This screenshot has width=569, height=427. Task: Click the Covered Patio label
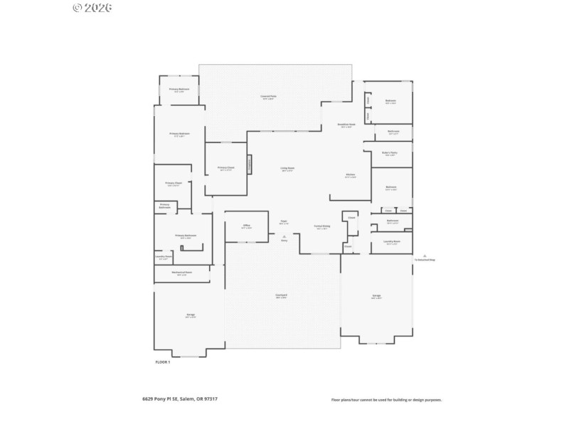268,96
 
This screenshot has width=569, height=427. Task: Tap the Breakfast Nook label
346,125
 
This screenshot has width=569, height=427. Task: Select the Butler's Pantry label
389,153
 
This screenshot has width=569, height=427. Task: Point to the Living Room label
287,169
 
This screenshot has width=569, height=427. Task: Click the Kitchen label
351,176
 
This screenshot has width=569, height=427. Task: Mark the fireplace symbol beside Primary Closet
249,164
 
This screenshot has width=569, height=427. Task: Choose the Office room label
247,226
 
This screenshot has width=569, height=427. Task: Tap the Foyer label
283,222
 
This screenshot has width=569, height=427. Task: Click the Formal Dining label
321,227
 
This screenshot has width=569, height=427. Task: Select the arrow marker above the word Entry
284,236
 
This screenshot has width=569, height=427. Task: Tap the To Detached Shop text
425,260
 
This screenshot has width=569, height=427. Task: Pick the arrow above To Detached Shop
425,255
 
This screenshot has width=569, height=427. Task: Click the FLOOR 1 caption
162,362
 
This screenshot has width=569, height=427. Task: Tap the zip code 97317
211,399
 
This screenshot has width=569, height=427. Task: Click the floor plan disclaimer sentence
386,400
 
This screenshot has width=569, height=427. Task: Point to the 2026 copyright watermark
92,8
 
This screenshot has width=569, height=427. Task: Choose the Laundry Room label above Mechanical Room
164,257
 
